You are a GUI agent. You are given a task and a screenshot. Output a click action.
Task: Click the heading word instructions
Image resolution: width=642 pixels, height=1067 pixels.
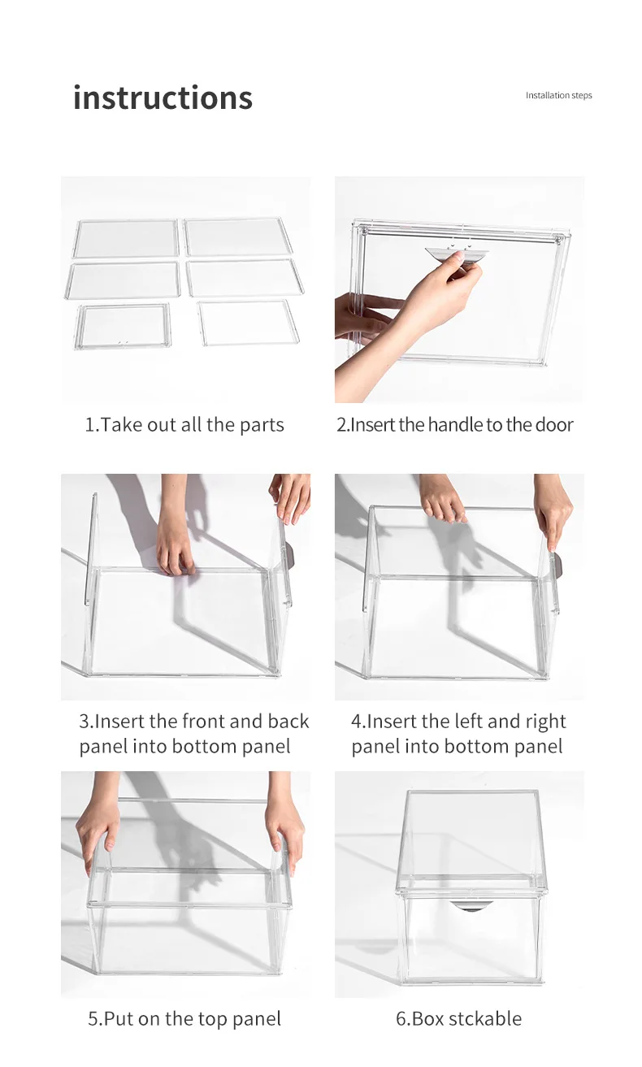click(x=163, y=98)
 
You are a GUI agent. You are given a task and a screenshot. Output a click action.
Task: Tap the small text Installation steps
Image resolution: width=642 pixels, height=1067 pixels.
click(x=558, y=96)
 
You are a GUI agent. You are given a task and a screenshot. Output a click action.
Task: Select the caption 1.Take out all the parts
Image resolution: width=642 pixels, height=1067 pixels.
click(x=184, y=425)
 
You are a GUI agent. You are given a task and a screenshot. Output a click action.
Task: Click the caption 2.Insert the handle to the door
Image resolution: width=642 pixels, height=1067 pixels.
click(x=454, y=425)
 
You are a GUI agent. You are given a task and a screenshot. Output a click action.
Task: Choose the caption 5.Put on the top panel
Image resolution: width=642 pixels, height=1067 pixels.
click(x=184, y=1019)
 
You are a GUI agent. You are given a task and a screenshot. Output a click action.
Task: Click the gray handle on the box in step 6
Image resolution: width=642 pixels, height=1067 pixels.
click(x=470, y=906)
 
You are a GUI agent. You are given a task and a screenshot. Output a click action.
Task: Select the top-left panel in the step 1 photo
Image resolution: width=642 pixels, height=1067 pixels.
click(x=125, y=238)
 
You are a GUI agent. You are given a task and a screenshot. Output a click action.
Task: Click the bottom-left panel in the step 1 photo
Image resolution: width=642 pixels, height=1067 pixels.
click(x=123, y=326)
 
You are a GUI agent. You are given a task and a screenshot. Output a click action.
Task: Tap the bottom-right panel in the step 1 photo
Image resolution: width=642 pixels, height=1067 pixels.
click(x=248, y=323)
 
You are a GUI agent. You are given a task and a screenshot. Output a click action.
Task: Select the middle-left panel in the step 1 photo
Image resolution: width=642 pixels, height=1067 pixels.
click(x=124, y=280)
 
